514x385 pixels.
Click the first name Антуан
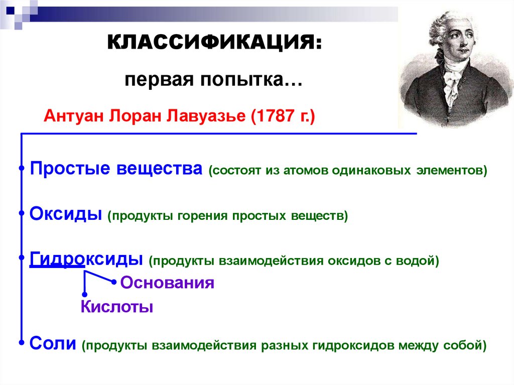(73, 117)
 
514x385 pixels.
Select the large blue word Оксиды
(66, 214)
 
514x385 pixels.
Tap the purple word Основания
(167, 283)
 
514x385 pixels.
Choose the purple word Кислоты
(116, 306)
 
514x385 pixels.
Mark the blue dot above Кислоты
(84, 294)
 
